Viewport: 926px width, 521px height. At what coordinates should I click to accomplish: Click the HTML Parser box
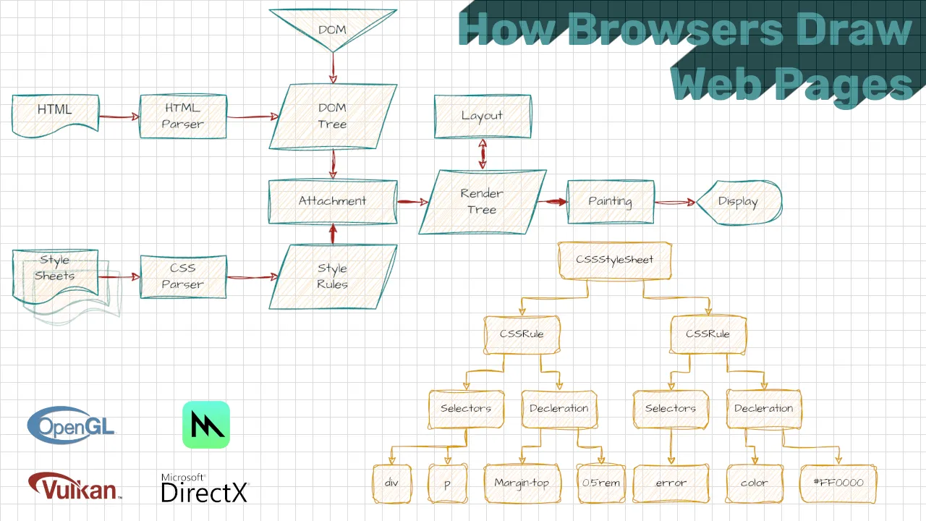[183, 116]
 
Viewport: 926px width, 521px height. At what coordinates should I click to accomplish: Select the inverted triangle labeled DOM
[332, 28]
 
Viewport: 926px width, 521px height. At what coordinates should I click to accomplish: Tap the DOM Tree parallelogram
[333, 117]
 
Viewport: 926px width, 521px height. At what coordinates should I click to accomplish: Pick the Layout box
[482, 116]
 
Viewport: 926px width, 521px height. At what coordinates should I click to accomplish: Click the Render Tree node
[482, 202]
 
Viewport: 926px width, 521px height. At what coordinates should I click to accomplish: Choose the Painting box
[610, 202]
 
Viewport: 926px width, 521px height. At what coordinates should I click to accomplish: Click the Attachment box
[333, 201]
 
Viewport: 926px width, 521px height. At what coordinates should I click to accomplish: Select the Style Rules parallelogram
[333, 276]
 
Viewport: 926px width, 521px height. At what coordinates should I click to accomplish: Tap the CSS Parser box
[183, 276]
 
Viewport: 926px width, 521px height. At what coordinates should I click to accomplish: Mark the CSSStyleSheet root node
[615, 260]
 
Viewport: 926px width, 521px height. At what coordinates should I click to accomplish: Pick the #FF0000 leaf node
[838, 483]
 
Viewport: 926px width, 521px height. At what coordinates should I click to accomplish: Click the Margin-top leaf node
[522, 483]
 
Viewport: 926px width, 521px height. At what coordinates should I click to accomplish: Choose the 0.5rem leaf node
[601, 483]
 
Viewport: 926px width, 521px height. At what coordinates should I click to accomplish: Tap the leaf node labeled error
[671, 483]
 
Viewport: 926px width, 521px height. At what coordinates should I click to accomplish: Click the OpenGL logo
[71, 425]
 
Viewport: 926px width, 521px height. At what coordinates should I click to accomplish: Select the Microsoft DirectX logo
[205, 489]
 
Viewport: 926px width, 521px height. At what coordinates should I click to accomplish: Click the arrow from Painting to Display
[674, 203]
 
